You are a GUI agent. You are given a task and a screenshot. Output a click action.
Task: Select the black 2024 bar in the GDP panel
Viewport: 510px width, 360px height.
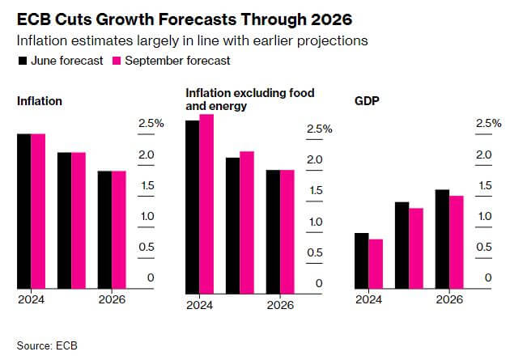(362, 260)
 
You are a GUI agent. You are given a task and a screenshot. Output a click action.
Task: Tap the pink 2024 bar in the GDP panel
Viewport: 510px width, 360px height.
(375, 264)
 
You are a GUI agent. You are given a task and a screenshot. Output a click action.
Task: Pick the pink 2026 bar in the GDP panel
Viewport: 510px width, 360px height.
(456, 242)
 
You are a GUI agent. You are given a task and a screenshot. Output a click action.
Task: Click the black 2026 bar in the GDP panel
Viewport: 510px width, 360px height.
(443, 239)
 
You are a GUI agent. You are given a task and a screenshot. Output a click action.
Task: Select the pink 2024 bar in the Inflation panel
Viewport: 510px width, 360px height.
(38, 211)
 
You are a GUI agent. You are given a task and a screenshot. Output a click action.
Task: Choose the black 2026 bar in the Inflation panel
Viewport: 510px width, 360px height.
(104, 230)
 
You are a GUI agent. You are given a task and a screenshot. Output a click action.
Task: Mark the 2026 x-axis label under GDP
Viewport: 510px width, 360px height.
(449, 299)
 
